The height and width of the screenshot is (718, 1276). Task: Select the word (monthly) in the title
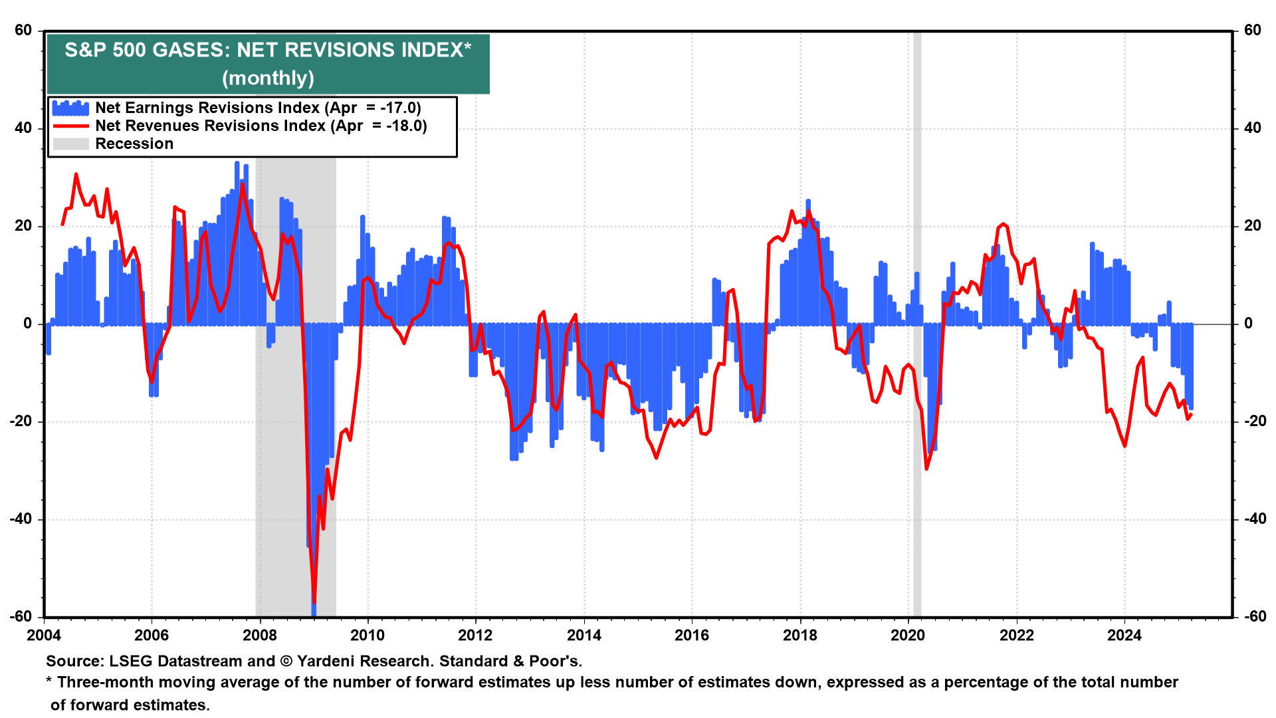[268, 78]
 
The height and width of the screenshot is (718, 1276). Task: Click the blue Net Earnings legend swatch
[70, 108]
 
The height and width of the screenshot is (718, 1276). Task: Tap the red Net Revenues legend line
[70, 126]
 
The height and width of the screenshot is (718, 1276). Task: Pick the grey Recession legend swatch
[70, 144]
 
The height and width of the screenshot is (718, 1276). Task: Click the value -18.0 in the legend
[406, 126]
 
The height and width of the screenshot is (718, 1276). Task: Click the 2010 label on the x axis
[368, 636]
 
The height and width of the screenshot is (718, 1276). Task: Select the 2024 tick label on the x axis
[1124, 636]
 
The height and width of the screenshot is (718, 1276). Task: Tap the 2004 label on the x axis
[44, 636]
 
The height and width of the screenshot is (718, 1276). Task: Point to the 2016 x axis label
[692, 636]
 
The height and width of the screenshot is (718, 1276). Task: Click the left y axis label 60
[23, 31]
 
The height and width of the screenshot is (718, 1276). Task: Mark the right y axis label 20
[1252, 226]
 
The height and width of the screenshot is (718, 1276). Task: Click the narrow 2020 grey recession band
[917, 465]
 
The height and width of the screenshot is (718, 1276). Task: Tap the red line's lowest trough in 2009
[314, 602]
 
